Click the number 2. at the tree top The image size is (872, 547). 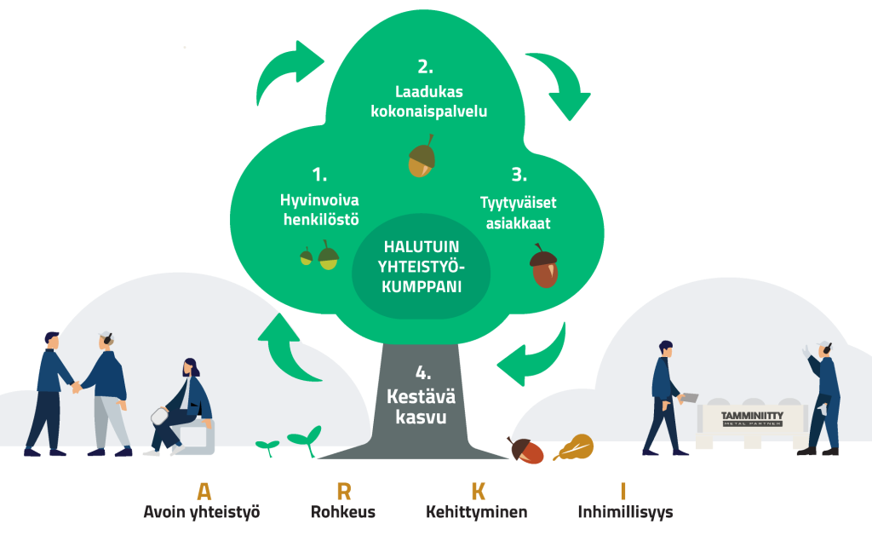425,66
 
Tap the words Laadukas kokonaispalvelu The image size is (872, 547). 428,101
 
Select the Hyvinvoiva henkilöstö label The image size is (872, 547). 319,210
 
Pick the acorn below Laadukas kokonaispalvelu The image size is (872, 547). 422,157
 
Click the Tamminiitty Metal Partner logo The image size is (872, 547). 751,417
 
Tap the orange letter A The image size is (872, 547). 204,491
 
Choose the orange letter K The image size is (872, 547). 478,491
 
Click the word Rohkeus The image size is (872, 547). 343,513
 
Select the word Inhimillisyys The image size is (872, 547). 625,513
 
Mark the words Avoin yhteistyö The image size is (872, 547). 201,513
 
